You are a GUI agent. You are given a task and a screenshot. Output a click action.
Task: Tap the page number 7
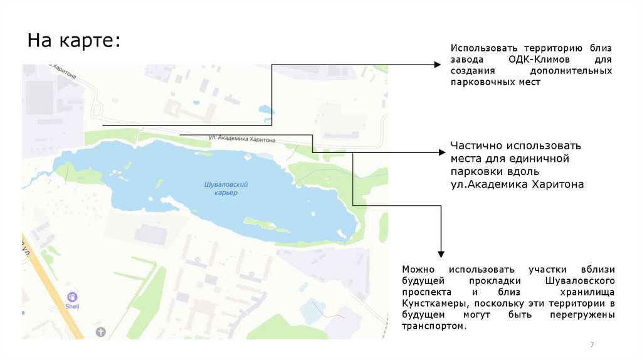click(592, 345)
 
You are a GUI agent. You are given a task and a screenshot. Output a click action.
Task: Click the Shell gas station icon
click(73, 297)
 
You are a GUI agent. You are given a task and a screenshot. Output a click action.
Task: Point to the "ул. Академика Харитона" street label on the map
click(242, 139)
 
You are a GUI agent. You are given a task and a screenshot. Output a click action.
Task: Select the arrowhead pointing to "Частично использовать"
click(442, 152)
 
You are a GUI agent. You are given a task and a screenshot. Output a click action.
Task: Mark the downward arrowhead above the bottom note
click(441, 253)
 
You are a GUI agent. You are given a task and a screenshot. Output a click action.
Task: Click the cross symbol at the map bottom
click(101, 331)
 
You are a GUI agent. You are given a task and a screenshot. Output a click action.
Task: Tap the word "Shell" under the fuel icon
click(73, 307)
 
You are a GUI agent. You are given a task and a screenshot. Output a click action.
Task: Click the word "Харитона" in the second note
click(558, 184)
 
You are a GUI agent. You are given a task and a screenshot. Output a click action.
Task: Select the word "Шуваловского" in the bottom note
click(580, 280)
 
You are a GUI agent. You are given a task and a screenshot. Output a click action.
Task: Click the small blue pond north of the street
click(266, 110)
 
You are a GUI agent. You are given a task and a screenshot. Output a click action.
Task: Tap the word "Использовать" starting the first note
click(478, 48)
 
